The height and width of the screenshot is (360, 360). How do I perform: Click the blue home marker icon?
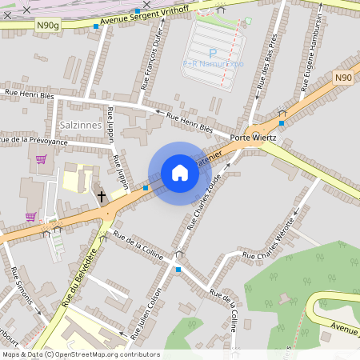click(x=180, y=173)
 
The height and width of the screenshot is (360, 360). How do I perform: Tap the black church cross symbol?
click(x=102, y=195)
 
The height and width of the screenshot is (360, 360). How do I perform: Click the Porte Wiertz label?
click(x=253, y=138)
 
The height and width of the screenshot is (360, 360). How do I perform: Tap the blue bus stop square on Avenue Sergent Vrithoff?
click(x=96, y=26)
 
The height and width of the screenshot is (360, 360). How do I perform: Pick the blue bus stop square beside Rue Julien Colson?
click(x=178, y=270)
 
